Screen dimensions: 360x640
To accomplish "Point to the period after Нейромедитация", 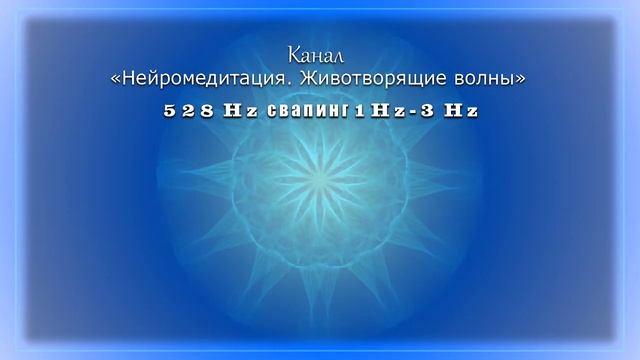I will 278,82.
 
